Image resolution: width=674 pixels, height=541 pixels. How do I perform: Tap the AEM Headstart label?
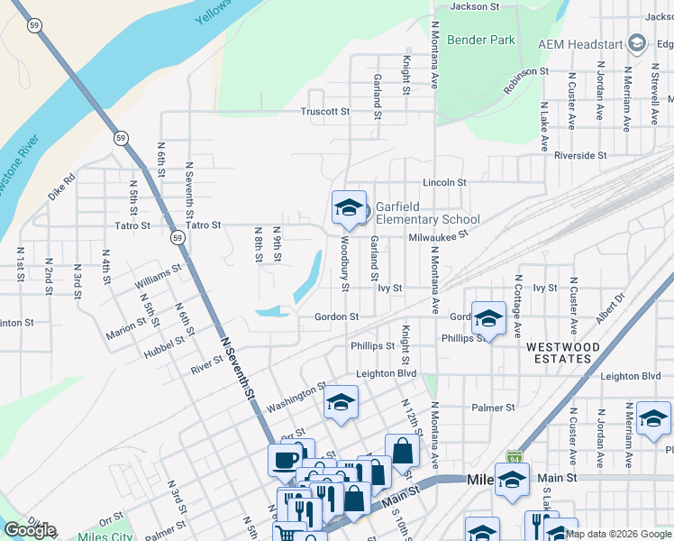(x=582, y=43)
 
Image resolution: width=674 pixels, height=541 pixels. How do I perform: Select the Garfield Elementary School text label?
(x=427, y=213)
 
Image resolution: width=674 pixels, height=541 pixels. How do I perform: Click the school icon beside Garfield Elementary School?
(x=348, y=208)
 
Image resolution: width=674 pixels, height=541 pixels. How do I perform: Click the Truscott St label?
(x=324, y=112)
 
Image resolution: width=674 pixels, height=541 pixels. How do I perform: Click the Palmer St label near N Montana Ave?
(x=492, y=408)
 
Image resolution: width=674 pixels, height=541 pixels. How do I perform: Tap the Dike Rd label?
(x=63, y=186)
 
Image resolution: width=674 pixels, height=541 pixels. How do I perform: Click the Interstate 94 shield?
(x=514, y=457)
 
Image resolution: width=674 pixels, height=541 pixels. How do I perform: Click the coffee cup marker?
(x=286, y=461)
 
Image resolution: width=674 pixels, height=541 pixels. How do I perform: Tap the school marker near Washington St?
(x=341, y=403)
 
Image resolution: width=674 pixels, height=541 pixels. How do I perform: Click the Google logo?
(x=31, y=530)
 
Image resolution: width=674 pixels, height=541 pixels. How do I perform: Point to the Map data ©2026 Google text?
(x=619, y=534)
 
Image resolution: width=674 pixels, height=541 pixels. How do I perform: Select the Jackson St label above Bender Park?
(x=475, y=6)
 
